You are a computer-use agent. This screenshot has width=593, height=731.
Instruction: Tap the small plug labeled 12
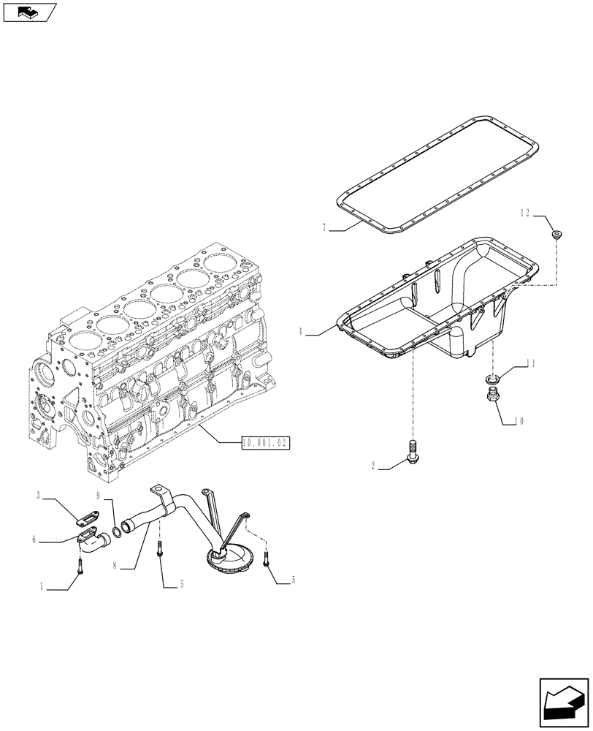click(559, 235)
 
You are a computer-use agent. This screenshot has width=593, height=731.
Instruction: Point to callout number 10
click(519, 421)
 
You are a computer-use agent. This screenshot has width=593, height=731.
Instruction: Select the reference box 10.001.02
click(265, 442)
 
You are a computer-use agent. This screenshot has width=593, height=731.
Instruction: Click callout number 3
click(37, 496)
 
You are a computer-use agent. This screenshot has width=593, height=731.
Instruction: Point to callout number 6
click(34, 540)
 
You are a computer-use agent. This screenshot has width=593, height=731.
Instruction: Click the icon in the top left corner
click(29, 11)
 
